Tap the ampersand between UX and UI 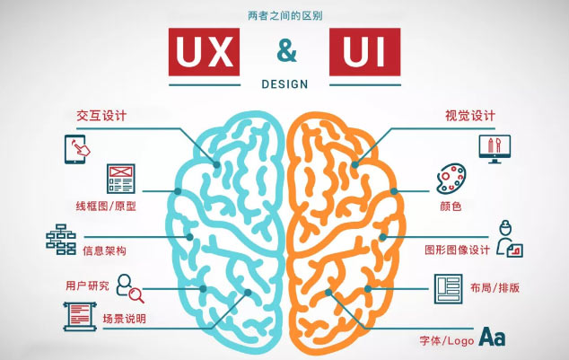click(286, 50)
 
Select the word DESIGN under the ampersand click(285, 84)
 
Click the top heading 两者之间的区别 click(285, 15)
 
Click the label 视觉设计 click(469, 116)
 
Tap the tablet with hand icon click(76, 145)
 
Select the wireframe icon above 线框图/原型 click(120, 178)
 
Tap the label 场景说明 click(123, 319)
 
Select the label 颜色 click(451, 206)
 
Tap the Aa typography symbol click(492, 337)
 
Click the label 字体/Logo click(445, 340)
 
